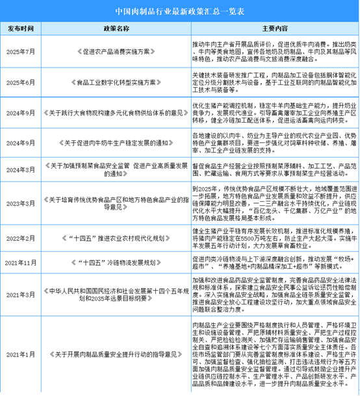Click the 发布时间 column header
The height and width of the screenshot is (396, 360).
22,29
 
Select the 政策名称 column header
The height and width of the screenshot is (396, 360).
117,29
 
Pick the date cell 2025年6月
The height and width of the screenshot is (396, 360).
22,82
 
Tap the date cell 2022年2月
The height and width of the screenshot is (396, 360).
22,238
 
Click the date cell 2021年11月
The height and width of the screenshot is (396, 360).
22,262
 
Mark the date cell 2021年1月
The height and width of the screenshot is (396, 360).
22,354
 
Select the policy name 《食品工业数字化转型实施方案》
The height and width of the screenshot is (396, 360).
117,82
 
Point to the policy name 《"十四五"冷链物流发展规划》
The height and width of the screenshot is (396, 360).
117,262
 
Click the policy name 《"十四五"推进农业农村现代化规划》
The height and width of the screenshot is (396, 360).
117,238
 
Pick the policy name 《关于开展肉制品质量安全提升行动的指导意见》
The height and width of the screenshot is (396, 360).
117,354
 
